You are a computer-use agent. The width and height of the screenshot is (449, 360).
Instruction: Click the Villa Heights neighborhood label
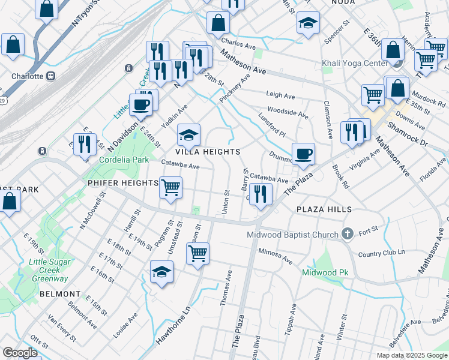(x=207, y=152)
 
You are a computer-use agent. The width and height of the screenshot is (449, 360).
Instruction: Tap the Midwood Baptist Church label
(x=294, y=234)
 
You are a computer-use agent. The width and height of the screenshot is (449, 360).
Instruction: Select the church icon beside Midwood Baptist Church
(x=348, y=233)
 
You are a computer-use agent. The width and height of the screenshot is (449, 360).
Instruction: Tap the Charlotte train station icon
(x=51, y=76)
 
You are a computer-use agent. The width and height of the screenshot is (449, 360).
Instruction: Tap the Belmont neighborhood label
(x=59, y=294)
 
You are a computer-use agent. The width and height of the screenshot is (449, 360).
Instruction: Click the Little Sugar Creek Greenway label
(x=49, y=270)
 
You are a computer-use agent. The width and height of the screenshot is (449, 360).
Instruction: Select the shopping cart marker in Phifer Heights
(x=171, y=187)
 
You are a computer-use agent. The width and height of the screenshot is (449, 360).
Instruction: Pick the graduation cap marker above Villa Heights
(x=188, y=136)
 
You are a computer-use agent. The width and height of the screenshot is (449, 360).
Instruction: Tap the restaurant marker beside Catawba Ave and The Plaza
(x=261, y=193)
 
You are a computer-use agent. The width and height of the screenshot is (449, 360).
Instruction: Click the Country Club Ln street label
(x=382, y=254)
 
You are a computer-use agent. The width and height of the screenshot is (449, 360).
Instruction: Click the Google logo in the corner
(x=20, y=353)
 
